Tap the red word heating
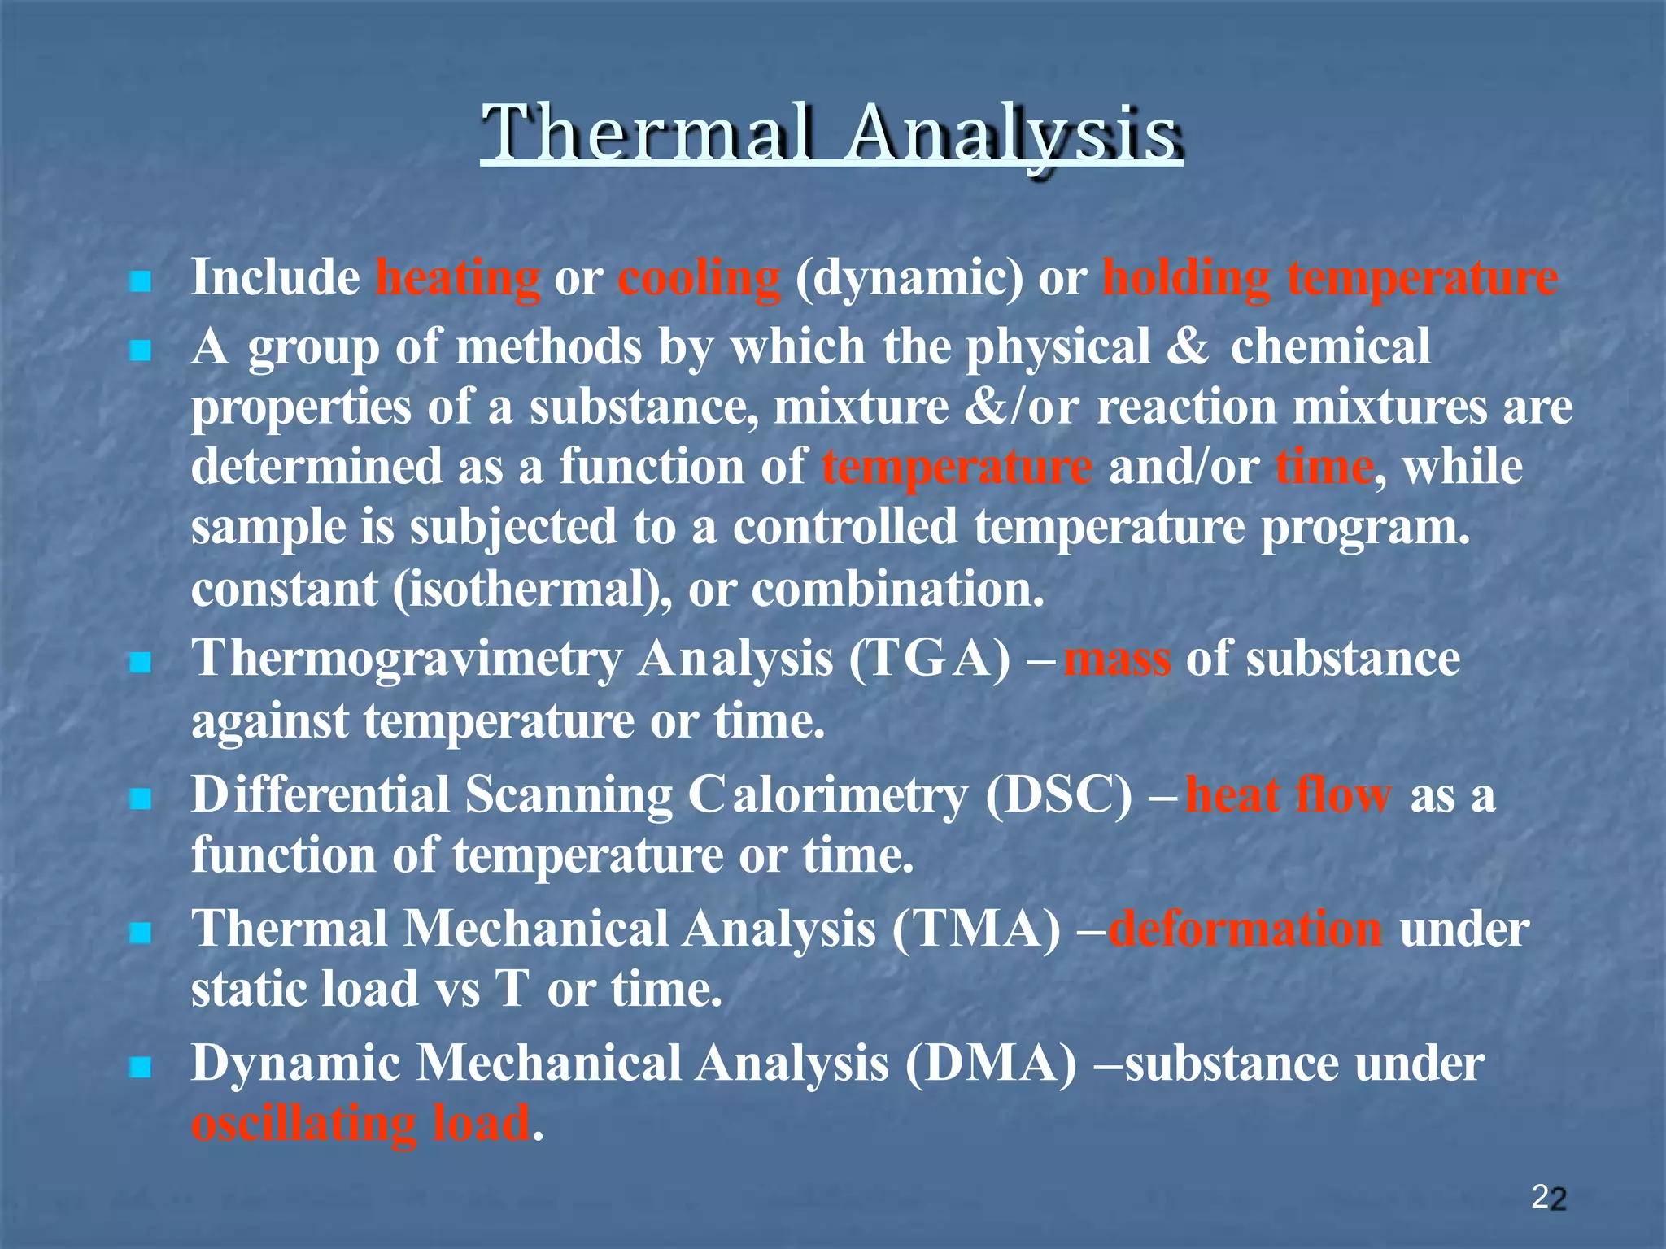click(458, 278)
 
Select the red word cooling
click(699, 278)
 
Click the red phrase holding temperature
click(1330, 278)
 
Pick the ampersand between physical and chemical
click(1188, 346)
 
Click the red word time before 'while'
click(1324, 467)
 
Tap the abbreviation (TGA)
click(930, 658)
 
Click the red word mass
click(1118, 658)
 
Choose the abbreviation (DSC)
click(1058, 794)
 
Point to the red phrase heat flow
click(1289, 794)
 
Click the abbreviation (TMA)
click(976, 929)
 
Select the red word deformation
click(1245, 929)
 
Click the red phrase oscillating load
click(360, 1124)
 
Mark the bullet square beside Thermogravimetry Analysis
click(141, 664)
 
